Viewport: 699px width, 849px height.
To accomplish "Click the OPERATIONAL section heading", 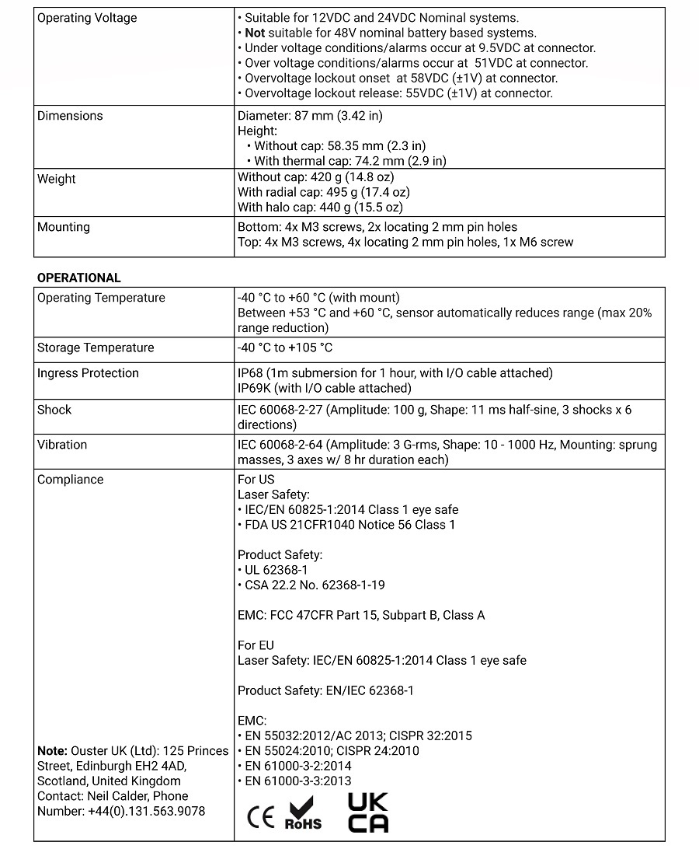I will [79, 278].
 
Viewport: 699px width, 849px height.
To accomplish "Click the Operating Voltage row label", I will [87, 18].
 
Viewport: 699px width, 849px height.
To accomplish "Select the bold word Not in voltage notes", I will [255, 33].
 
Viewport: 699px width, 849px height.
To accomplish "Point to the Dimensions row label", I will [70, 116].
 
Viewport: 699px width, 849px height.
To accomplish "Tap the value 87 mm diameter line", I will [310, 116].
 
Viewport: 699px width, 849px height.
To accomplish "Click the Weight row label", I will [57, 179].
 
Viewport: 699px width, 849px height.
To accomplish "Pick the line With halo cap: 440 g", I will [320, 208].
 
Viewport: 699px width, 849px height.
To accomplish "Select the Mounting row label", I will [64, 227].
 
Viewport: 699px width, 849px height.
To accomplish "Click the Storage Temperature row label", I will [96, 348].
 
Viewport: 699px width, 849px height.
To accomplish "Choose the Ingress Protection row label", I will [88, 373].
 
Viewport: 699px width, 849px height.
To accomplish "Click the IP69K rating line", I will [324, 388].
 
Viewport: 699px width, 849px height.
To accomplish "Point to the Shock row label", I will [54, 410].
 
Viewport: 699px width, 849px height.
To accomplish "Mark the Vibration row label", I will [62, 445].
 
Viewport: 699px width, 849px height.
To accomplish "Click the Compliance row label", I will [70, 480].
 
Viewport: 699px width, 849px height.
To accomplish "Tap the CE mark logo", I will [260, 818].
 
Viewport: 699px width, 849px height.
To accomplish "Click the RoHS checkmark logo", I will [303, 812].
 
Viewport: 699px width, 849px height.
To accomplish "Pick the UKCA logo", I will [368, 812].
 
